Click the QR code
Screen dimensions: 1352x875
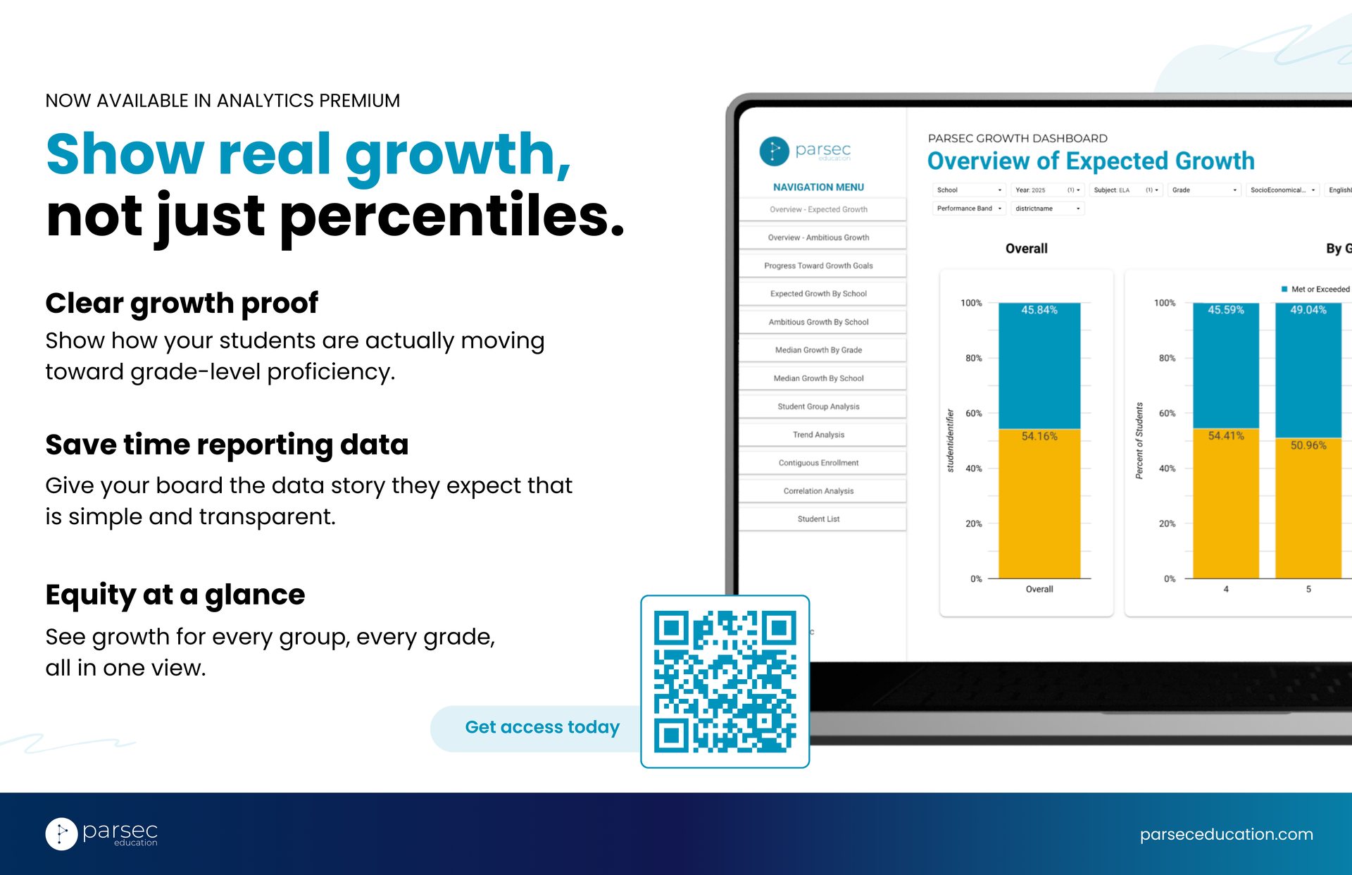725,681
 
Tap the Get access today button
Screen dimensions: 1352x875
542,728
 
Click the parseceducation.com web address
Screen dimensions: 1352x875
1226,834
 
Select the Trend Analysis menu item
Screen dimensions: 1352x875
818,435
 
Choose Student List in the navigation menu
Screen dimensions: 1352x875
818,519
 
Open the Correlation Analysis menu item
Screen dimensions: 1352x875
818,491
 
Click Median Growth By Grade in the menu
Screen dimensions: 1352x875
818,350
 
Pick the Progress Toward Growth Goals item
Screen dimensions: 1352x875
818,266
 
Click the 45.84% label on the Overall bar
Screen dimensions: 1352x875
1039,310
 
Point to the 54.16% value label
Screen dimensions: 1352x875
1039,436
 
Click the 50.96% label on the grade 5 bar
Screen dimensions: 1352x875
1308,445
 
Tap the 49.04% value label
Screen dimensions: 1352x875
1308,310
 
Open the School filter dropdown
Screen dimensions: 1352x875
970,190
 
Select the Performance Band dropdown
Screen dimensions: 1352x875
970,209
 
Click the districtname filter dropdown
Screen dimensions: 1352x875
1048,209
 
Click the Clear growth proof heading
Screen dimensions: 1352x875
182,304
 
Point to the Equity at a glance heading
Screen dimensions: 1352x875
175,595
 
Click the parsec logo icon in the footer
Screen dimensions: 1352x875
62,834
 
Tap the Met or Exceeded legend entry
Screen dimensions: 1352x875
1315,290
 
